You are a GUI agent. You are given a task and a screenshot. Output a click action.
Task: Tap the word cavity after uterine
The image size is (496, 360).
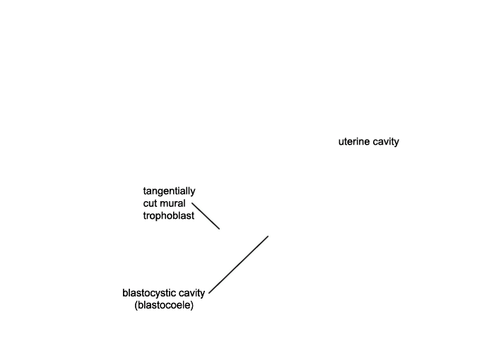(386, 142)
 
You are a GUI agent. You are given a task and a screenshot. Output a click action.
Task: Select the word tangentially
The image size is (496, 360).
(170, 191)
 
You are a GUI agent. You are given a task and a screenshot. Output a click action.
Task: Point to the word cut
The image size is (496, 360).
(150, 203)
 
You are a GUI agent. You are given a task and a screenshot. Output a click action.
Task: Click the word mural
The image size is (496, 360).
(172, 203)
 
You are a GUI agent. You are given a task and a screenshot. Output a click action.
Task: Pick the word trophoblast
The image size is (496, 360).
(169, 215)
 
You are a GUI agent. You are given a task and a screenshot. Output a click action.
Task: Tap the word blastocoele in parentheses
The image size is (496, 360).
(164, 306)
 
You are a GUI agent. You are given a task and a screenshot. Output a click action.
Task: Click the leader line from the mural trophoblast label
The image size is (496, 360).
(206, 216)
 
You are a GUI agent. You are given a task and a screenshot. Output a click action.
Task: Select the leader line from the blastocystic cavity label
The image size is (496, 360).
(239, 265)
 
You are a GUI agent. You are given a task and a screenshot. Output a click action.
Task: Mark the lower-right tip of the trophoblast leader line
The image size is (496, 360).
(220, 229)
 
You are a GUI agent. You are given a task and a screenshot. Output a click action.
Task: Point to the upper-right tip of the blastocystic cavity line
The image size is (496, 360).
(268, 236)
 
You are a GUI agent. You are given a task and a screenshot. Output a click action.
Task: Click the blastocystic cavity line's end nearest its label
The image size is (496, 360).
(209, 294)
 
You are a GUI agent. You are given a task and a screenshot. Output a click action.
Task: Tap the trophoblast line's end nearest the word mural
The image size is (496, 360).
(192, 203)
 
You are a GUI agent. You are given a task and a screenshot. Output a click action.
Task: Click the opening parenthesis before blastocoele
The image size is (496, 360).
(136, 306)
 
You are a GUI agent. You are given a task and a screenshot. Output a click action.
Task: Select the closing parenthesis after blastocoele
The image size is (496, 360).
(192, 306)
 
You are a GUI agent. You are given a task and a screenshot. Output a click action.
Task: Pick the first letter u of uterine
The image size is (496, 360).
(341, 142)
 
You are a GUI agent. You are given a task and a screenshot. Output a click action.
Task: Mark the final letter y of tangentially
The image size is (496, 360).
(194, 193)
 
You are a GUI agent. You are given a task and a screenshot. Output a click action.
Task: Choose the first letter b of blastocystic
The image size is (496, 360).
(124, 293)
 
